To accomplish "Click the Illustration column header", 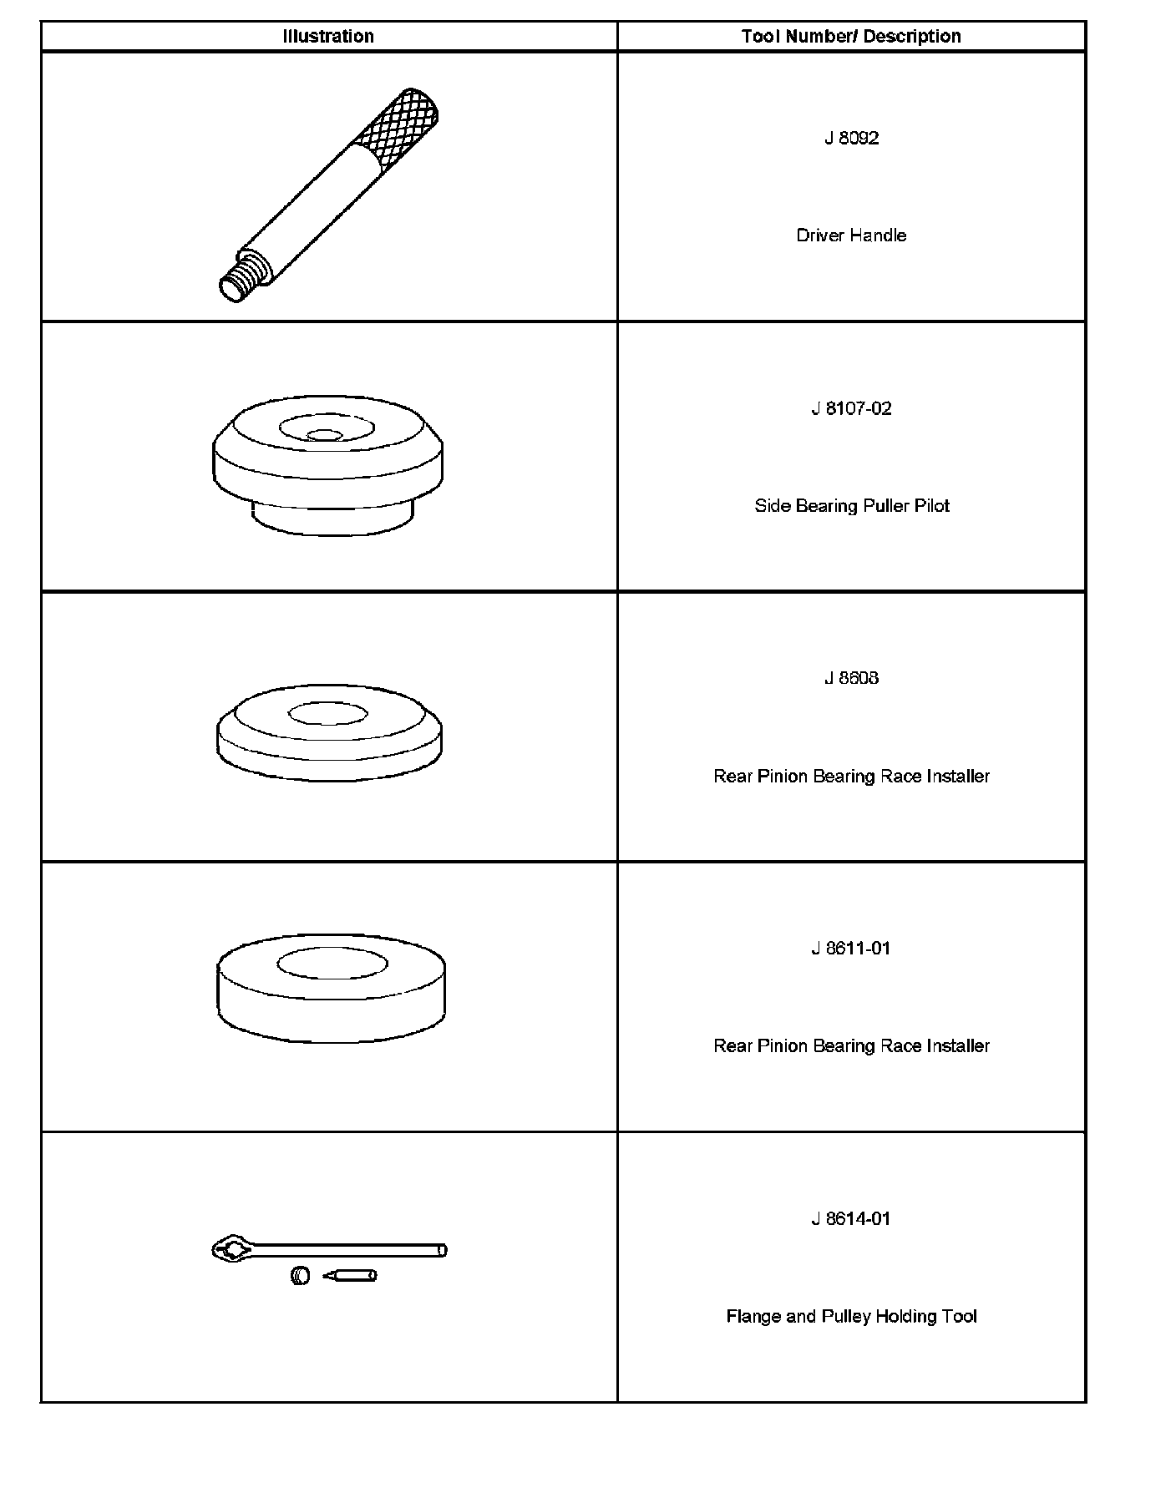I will [x=328, y=37].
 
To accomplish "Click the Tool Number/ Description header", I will [x=851, y=37].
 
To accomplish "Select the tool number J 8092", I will [x=851, y=139].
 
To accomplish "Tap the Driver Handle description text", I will [x=851, y=235].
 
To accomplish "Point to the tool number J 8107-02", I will [x=851, y=409].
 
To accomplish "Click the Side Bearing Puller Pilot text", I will [x=851, y=506].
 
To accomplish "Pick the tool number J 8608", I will [x=851, y=678].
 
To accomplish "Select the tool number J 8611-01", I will [x=851, y=949].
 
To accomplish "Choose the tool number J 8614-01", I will [x=851, y=1219].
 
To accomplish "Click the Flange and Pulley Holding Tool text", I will [x=851, y=1317].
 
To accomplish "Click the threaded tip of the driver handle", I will [x=241, y=280].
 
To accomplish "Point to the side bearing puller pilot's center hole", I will [x=325, y=435].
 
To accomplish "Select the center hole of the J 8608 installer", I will [x=327, y=715].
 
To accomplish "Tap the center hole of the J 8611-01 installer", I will [x=332, y=964].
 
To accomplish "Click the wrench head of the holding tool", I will [x=233, y=1249].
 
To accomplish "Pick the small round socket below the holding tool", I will [x=301, y=1276].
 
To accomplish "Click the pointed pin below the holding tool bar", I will [x=351, y=1276].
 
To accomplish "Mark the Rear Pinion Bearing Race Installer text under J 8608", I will [x=851, y=777].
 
